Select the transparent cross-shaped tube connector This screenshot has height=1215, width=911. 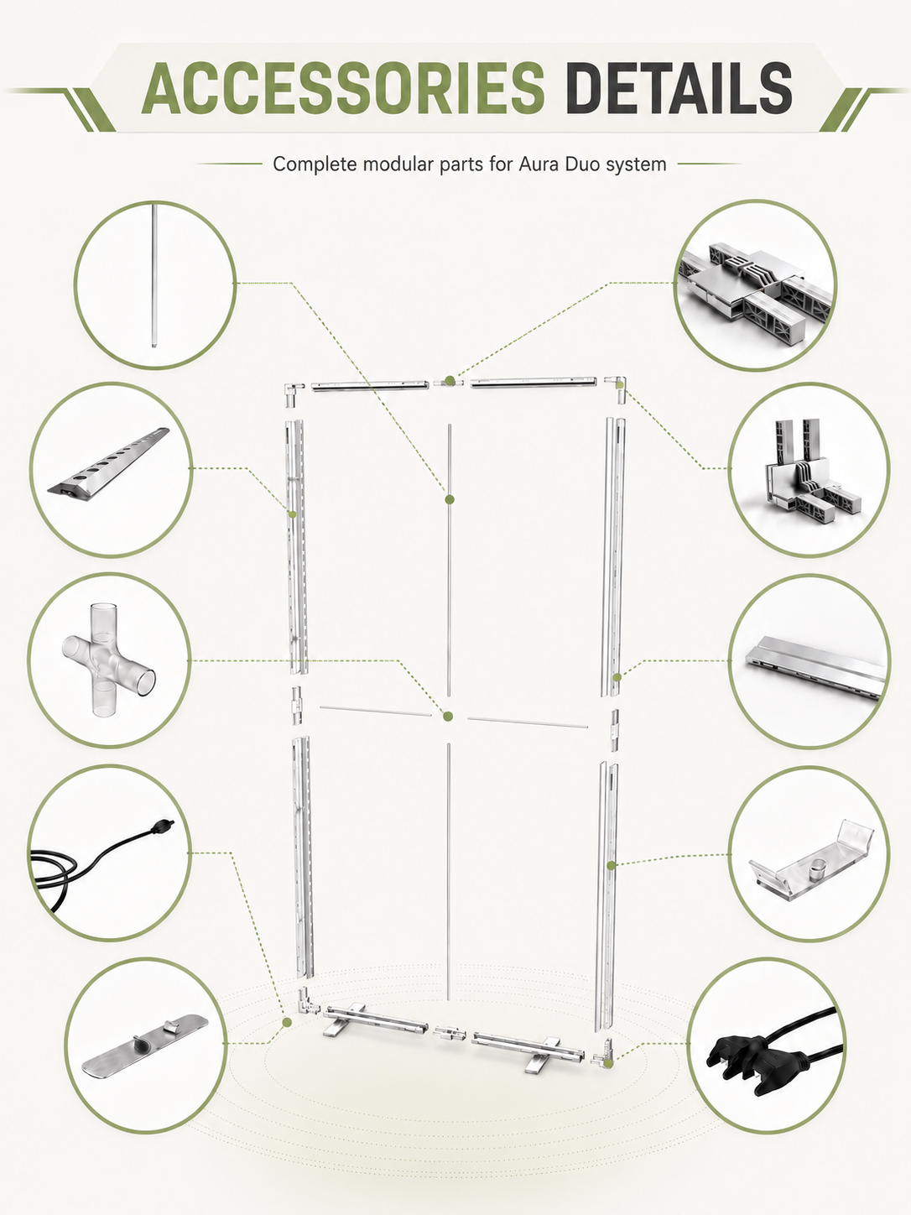pyautogui.click(x=109, y=660)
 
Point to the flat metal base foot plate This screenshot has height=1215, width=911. pyautogui.click(x=145, y=1046)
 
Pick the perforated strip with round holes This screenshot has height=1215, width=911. pyautogui.click(x=109, y=461)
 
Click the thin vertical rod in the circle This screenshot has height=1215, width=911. pyautogui.click(x=154, y=276)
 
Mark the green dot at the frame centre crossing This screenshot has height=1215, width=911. pyautogui.click(x=449, y=717)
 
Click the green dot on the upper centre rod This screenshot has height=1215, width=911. pyautogui.click(x=450, y=499)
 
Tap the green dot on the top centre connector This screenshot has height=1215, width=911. pyautogui.click(x=450, y=381)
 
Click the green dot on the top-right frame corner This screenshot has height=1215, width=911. pyautogui.click(x=621, y=383)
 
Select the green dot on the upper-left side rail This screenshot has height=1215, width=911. pyautogui.click(x=293, y=514)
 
